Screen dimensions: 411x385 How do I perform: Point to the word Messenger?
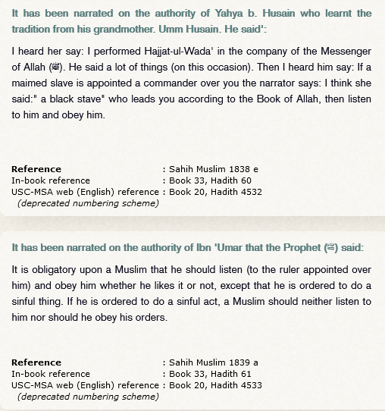(345, 51)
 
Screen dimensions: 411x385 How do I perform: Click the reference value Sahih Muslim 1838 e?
(213, 169)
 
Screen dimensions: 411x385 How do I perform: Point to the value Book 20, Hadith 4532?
(216, 192)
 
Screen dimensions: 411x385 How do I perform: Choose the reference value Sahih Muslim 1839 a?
(213, 362)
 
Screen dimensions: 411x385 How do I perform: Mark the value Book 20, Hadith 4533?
(216, 385)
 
